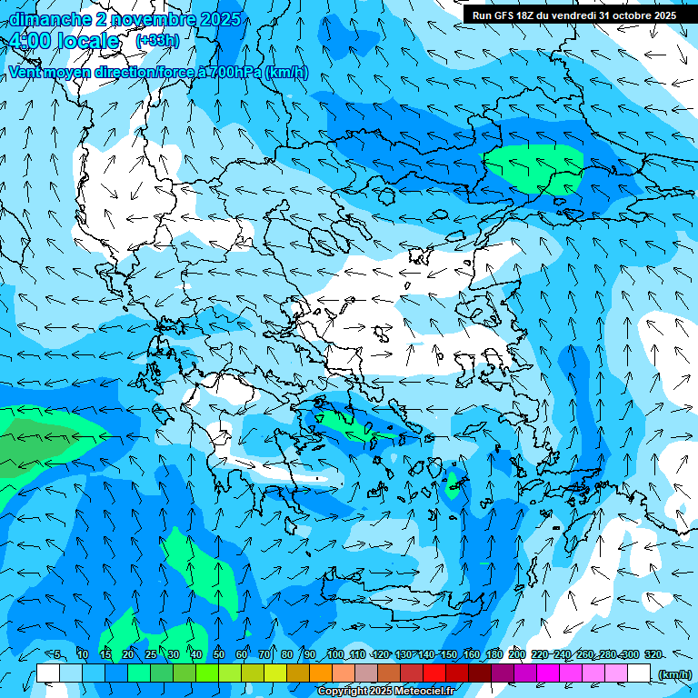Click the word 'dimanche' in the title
coord(46,19)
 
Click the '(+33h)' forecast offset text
coord(157,41)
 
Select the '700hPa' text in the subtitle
coord(234,73)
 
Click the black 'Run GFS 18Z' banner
coord(573,15)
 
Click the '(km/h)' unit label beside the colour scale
coord(675,674)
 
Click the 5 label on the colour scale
coord(57,654)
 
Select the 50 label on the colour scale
coord(219,654)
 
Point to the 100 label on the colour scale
coord(334,654)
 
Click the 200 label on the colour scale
coord(516,654)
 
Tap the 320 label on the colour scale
coord(653,654)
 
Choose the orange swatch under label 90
coord(321,673)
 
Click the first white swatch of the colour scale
coord(48,673)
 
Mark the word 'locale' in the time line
coord(87,42)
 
